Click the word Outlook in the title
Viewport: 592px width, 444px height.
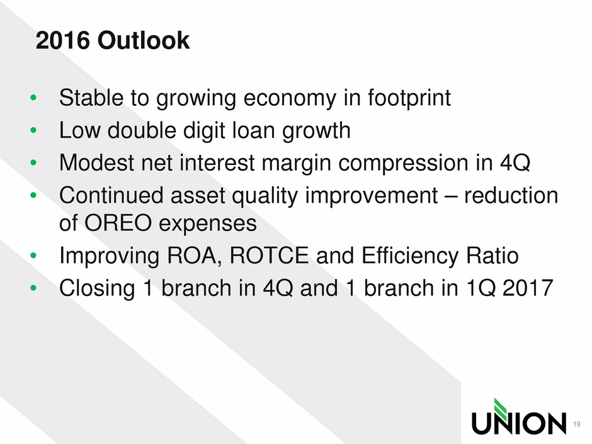(x=144, y=40)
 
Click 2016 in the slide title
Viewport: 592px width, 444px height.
(x=63, y=40)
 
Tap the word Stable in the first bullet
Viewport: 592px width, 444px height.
(x=91, y=98)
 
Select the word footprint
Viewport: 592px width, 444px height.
(x=409, y=98)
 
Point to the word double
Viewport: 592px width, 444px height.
(x=142, y=130)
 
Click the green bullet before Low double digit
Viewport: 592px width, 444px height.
(x=33, y=130)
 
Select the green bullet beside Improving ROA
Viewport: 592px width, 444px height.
(x=33, y=255)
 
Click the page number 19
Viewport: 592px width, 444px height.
(x=576, y=424)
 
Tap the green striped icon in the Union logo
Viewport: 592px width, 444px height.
(x=501, y=409)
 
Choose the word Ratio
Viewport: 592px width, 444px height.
(x=492, y=255)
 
